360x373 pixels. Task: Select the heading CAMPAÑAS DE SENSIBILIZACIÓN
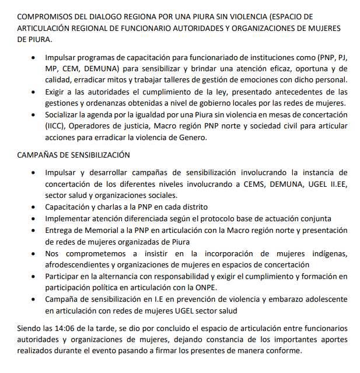coord(74,155)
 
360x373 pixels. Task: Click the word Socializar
coord(65,114)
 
